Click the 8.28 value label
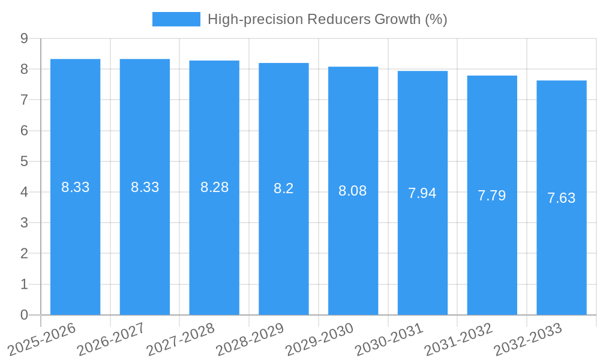(x=214, y=187)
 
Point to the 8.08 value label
(x=353, y=191)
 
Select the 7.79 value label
(x=492, y=196)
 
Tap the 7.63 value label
(x=562, y=198)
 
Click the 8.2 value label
(x=284, y=188)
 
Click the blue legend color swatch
(x=176, y=19)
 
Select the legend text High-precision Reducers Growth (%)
(x=328, y=19)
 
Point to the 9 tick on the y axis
(x=24, y=38)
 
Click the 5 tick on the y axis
(x=24, y=161)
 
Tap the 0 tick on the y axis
(x=24, y=315)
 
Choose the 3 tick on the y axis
(x=24, y=223)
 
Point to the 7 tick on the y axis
(x=24, y=100)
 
